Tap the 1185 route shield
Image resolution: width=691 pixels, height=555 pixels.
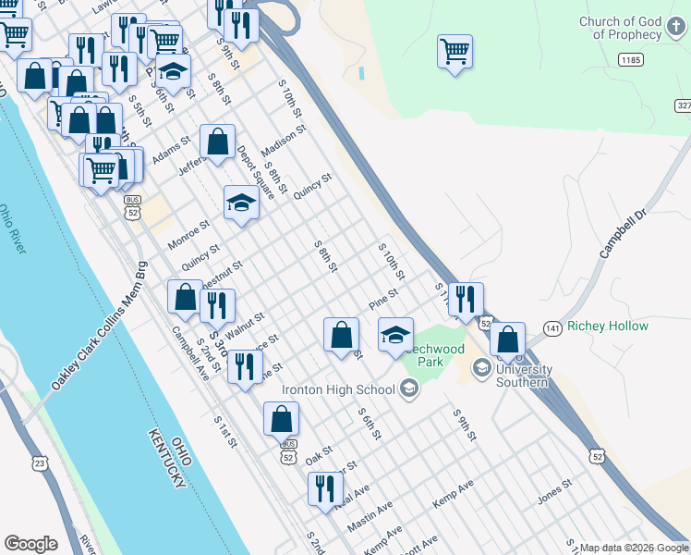(x=630, y=59)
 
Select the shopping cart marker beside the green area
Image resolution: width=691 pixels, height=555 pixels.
(x=455, y=52)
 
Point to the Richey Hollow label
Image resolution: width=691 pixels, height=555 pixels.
(x=608, y=326)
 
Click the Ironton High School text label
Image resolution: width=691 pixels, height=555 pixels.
(x=340, y=389)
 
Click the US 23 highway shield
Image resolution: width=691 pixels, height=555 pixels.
(x=39, y=462)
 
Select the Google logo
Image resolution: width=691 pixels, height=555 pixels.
(x=31, y=543)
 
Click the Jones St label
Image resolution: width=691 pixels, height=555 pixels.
(x=556, y=492)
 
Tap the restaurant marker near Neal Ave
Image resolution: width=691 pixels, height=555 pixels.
(x=323, y=488)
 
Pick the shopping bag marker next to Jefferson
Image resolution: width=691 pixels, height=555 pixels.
(x=217, y=142)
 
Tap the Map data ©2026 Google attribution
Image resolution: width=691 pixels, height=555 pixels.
(x=633, y=547)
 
